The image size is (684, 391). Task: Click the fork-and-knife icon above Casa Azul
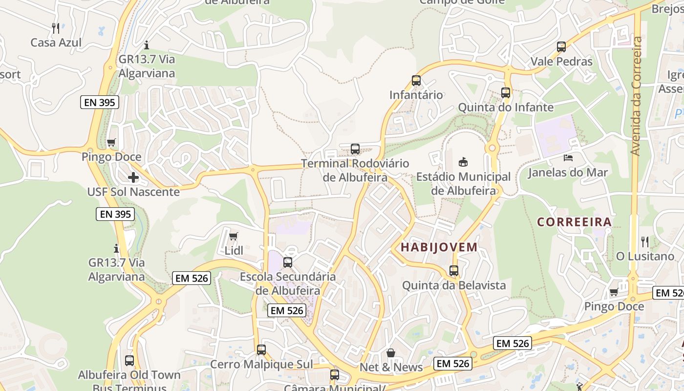(x=56, y=28)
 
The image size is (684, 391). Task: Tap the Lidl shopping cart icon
(x=234, y=237)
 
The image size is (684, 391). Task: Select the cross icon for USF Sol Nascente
(x=133, y=177)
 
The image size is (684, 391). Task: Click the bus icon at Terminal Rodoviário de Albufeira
(x=355, y=149)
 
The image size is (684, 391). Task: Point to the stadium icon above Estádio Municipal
(x=463, y=162)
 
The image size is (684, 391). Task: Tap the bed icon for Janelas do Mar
(x=568, y=158)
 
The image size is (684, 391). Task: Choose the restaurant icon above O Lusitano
(x=645, y=241)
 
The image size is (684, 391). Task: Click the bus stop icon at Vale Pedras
(x=561, y=47)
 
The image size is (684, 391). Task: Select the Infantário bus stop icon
(x=416, y=81)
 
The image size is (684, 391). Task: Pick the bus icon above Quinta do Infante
(x=506, y=92)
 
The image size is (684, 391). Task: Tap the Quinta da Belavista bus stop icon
(x=454, y=270)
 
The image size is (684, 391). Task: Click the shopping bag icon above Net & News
(x=391, y=353)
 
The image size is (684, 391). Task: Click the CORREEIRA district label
(x=575, y=222)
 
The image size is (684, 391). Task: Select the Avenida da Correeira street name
(x=636, y=96)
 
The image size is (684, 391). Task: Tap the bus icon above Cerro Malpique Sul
(x=261, y=350)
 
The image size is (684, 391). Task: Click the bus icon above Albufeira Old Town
(x=129, y=361)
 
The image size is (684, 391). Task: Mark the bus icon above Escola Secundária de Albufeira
(x=288, y=262)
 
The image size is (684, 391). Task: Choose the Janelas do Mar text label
(x=568, y=173)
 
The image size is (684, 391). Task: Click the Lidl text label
(x=234, y=251)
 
